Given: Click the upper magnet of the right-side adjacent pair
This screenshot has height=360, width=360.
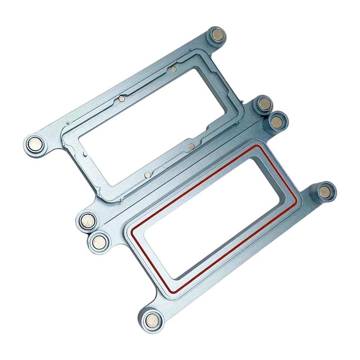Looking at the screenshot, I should point(264,104).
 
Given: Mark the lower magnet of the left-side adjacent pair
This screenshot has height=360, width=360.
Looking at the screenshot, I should point(98,241).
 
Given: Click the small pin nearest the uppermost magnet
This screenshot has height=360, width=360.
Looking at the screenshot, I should point(174,68).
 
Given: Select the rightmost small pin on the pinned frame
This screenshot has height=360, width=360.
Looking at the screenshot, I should point(192,146).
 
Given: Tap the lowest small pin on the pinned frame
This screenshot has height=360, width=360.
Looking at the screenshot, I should point(147,175).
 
